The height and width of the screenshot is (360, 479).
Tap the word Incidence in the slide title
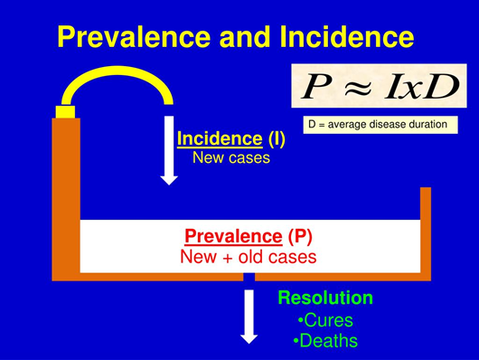point(347,37)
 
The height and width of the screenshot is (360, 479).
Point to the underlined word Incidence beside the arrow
point(218,138)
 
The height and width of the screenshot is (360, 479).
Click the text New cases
point(230,157)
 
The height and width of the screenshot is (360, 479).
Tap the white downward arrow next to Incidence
point(169,149)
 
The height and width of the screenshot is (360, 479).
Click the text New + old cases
point(249,257)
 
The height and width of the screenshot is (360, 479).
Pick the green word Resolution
point(324,298)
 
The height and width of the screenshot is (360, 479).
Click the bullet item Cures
point(324,320)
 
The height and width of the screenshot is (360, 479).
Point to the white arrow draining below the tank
point(249,317)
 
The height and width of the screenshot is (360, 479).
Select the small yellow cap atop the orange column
point(65,111)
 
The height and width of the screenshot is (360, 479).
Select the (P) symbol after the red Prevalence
point(301,237)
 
